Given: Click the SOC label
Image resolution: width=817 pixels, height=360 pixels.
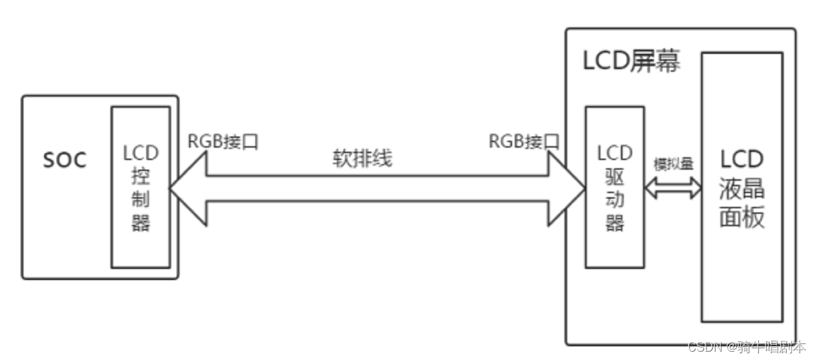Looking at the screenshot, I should click(65, 161).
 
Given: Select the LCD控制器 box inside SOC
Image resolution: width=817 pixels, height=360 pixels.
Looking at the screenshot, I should click(140, 187).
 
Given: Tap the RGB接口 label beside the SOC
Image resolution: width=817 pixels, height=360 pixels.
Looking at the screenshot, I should click(223, 141).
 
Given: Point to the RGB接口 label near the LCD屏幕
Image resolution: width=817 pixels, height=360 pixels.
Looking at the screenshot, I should click(524, 141).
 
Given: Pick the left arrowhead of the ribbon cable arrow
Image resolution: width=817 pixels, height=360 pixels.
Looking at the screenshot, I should click(188, 190).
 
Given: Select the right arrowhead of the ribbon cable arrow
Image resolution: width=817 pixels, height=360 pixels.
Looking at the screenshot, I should click(566, 190).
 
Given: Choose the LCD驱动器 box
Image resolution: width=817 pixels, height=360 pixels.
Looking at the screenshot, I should click(614, 187).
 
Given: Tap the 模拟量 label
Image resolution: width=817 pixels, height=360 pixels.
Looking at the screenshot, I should click(673, 165).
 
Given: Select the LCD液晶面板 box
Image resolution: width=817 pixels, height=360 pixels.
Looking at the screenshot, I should click(742, 187).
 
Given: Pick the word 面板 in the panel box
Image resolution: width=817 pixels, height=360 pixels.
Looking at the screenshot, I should click(742, 218).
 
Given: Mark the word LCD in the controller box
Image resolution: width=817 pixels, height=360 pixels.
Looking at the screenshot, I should click(141, 152).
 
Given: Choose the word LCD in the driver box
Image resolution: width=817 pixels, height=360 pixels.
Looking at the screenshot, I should click(615, 152).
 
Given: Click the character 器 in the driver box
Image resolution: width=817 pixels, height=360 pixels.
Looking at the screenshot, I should click(615, 223).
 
